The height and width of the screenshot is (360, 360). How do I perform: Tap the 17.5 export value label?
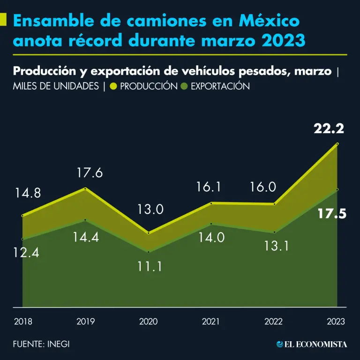tap(332, 214)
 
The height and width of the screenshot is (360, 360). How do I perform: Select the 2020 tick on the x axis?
tap(149, 322)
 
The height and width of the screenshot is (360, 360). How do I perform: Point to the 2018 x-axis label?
tap(23, 322)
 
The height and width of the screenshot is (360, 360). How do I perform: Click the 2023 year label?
tap(336, 322)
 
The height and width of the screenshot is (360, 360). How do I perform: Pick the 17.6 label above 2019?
tap(90, 173)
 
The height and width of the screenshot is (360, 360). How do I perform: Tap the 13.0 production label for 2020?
tap(150, 209)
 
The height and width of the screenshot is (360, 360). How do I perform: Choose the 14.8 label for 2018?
tap(28, 193)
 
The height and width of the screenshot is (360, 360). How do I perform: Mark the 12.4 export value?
tap(26, 254)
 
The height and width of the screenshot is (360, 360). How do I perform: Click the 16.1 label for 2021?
tap(208, 187)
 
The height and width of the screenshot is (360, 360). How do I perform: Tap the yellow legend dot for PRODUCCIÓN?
tap(113, 86)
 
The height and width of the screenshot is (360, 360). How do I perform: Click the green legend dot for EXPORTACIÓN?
tap(185, 86)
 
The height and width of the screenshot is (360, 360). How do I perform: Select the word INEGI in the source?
tap(58, 344)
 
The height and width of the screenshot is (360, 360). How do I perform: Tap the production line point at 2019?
tap(85, 188)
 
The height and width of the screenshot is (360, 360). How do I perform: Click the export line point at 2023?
tap(337, 189)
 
